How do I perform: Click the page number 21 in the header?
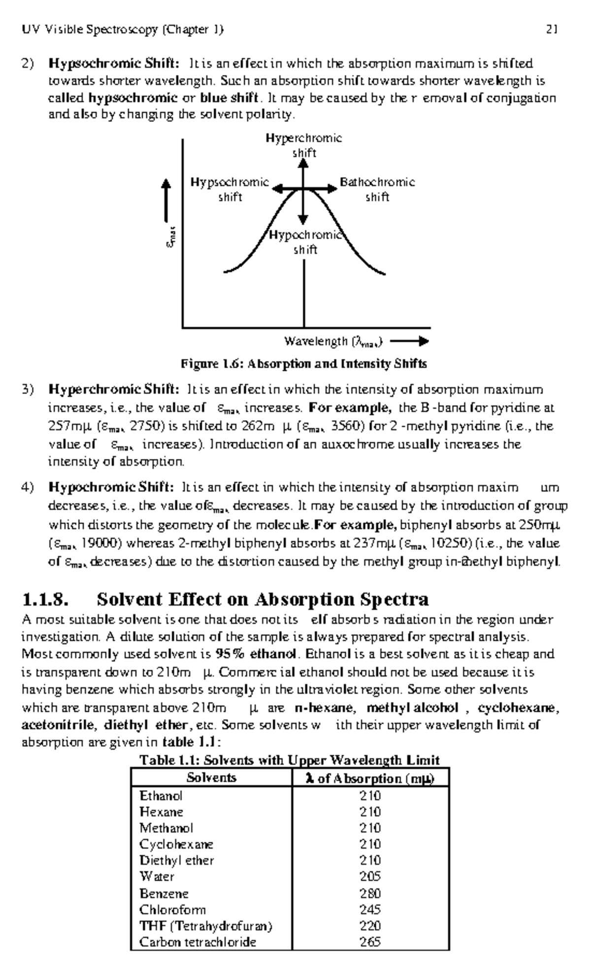(x=551, y=30)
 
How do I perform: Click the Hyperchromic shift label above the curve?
(x=304, y=145)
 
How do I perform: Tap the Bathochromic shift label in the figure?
(x=377, y=190)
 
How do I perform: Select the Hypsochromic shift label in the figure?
(x=230, y=190)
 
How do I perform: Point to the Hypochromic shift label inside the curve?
(x=305, y=242)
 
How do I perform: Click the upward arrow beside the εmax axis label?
(x=167, y=200)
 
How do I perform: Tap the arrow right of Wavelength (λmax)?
(x=409, y=341)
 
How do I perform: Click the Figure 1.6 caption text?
(x=303, y=364)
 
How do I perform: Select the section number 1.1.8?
(x=45, y=599)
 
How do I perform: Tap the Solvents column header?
(x=211, y=777)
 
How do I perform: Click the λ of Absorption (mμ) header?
(x=370, y=778)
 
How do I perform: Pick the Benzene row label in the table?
(x=164, y=893)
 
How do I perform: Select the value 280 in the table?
(x=370, y=893)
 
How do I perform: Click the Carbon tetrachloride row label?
(x=197, y=942)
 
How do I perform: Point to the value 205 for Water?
(x=370, y=876)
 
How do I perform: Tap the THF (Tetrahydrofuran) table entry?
(x=205, y=926)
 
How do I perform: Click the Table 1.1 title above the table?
(x=290, y=760)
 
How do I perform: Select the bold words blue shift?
(x=229, y=98)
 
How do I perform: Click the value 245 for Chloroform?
(x=370, y=909)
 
